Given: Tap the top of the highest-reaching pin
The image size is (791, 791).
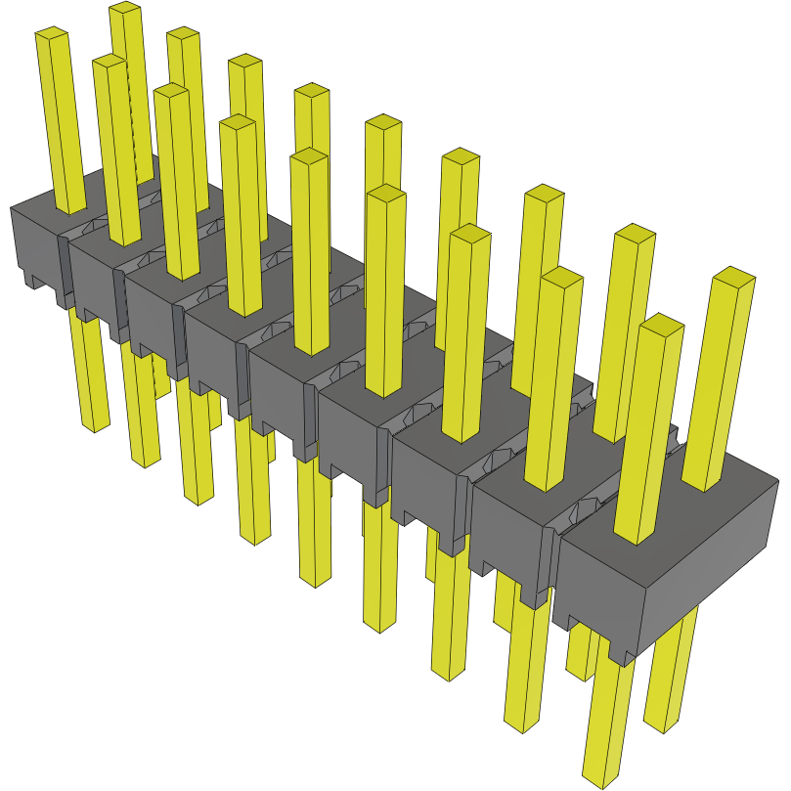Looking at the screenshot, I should click(x=124, y=9).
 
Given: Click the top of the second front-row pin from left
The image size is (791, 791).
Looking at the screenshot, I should click(x=110, y=63).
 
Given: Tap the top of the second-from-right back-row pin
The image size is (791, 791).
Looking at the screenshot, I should click(x=636, y=235).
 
